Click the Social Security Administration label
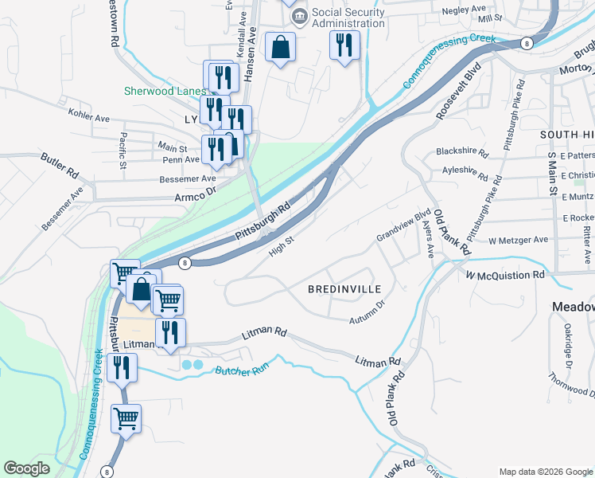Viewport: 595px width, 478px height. point(348,18)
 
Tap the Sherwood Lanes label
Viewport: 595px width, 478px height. point(165,91)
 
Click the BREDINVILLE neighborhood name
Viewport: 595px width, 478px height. point(344,288)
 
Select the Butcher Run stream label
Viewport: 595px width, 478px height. point(244,370)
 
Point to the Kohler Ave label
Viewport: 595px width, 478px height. point(88,117)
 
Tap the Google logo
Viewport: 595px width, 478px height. point(27,468)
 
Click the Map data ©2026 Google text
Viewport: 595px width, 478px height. point(545,472)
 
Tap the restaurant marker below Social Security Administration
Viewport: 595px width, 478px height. point(344,45)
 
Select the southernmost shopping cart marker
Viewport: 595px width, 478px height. point(126,418)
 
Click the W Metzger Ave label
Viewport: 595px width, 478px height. point(518,240)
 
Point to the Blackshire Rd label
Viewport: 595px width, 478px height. point(461,151)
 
